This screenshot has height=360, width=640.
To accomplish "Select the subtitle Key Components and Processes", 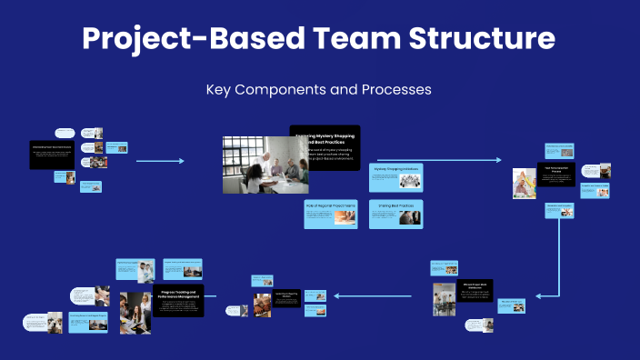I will [x=318, y=90].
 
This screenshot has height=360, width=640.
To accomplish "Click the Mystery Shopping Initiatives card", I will [x=395, y=177].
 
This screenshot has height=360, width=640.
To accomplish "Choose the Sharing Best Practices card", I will [x=395, y=213].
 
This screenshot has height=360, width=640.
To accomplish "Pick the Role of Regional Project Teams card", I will [x=330, y=213].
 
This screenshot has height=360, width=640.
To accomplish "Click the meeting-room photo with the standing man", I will [x=265, y=165].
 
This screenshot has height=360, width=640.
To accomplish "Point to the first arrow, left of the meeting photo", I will [x=159, y=161].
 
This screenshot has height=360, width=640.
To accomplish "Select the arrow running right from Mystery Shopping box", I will [x=436, y=160].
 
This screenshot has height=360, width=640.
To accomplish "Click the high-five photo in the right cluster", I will [x=525, y=183].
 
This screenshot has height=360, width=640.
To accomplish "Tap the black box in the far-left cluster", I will [x=53, y=154].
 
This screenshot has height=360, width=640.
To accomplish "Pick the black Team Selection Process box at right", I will [x=556, y=174].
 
